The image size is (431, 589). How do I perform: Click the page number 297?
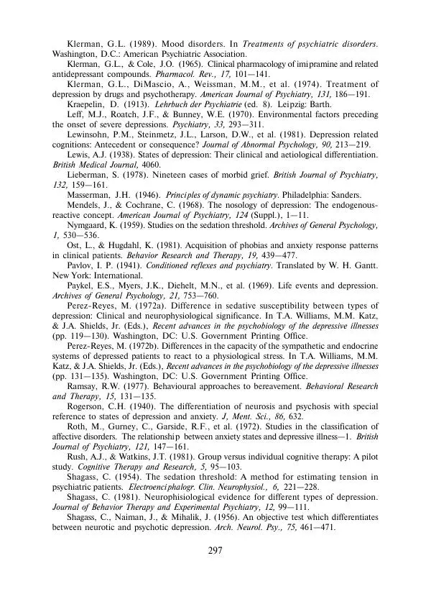[x=215, y=551]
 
